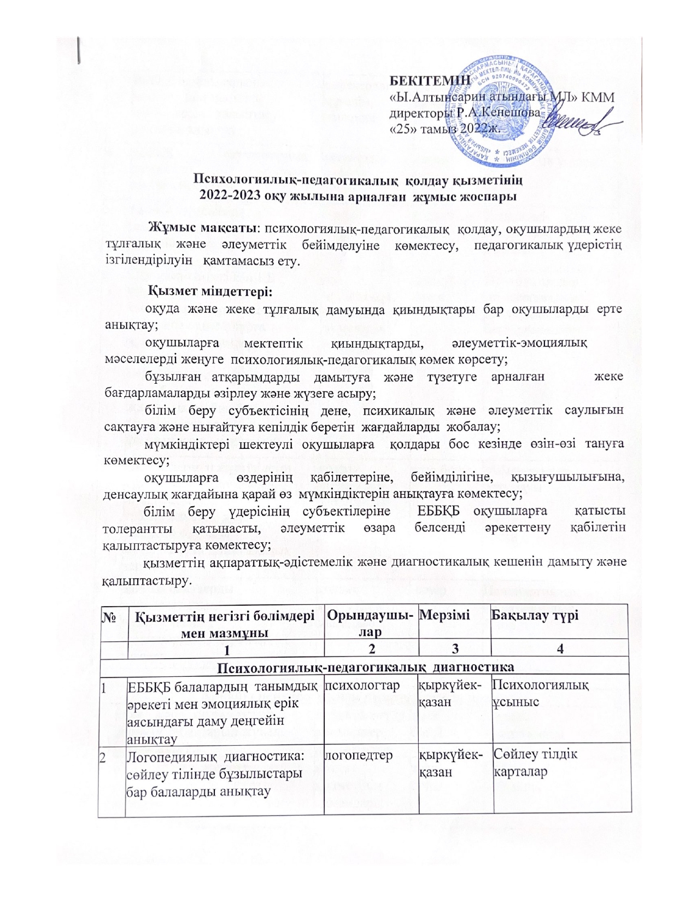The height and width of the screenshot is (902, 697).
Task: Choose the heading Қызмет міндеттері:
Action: click(212, 290)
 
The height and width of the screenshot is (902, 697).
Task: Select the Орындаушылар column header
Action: click(370, 622)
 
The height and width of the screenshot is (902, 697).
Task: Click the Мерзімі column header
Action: click(444, 615)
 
